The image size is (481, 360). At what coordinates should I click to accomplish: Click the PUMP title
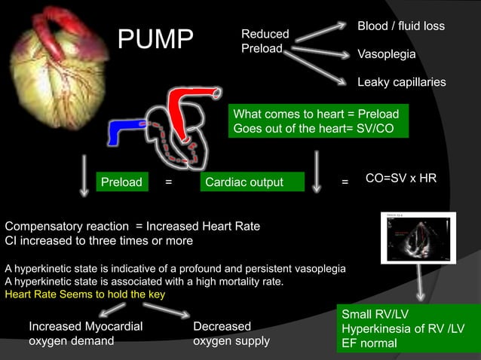pos(155,41)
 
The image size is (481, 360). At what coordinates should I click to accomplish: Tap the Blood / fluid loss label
pos(400,26)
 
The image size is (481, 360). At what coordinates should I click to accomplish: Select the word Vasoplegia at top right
pos(386,55)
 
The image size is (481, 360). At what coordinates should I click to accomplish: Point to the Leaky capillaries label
pos(401,82)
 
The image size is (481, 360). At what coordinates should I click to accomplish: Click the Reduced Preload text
pos(265,41)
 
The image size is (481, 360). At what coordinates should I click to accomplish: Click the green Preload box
pos(122,182)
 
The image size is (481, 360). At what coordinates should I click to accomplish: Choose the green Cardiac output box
pos(253,182)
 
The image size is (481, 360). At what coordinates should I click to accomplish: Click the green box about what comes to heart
pos(320,121)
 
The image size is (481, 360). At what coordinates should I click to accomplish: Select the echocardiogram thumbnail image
pos(417,237)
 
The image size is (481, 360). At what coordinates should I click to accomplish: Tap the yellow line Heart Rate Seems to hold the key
pos(84,294)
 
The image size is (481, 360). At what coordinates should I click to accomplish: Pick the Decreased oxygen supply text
pos(231,333)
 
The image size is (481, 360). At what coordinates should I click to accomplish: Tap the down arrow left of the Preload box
pos(84,176)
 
